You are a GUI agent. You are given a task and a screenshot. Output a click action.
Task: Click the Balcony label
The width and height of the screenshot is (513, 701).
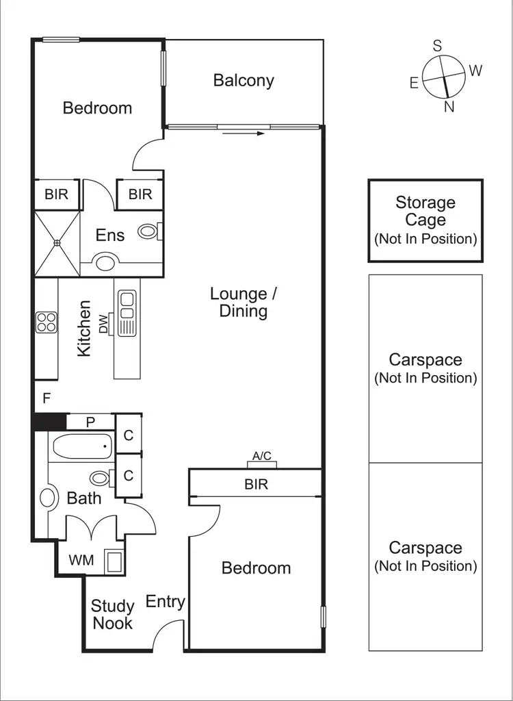click(x=244, y=81)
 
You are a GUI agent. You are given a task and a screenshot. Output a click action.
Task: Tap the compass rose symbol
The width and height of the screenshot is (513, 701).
click(x=443, y=76)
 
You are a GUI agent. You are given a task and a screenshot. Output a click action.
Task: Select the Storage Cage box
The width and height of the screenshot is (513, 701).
click(x=425, y=220)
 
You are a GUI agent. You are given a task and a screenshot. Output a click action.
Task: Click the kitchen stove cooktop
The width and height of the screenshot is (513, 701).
click(x=46, y=322)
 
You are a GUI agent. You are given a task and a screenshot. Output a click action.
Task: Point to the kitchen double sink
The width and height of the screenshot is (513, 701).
click(x=127, y=313)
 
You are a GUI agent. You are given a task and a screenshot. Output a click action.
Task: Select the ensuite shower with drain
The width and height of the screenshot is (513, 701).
click(x=57, y=242)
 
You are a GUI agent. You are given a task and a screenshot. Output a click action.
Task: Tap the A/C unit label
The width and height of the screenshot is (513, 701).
click(x=262, y=457)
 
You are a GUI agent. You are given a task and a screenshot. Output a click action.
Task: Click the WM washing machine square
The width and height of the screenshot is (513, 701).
click(x=114, y=561)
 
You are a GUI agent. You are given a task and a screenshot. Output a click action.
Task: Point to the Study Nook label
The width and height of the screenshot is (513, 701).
click(x=113, y=614)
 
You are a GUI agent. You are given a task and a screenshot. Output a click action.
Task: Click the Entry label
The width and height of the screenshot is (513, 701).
click(x=166, y=602)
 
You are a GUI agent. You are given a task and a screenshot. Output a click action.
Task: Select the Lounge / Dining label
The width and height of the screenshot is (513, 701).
click(x=243, y=303)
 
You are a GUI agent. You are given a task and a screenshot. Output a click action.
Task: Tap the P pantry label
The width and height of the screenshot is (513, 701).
click(x=90, y=422)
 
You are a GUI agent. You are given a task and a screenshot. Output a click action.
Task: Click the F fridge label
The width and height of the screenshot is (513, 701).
click(x=47, y=398)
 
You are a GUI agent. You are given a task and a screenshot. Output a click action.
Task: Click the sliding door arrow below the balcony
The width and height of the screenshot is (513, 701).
click(x=244, y=133)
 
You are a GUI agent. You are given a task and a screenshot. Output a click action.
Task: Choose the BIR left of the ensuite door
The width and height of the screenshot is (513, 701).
click(x=57, y=194)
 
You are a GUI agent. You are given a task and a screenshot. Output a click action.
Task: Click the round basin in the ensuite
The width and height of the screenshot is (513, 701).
click(x=106, y=262)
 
